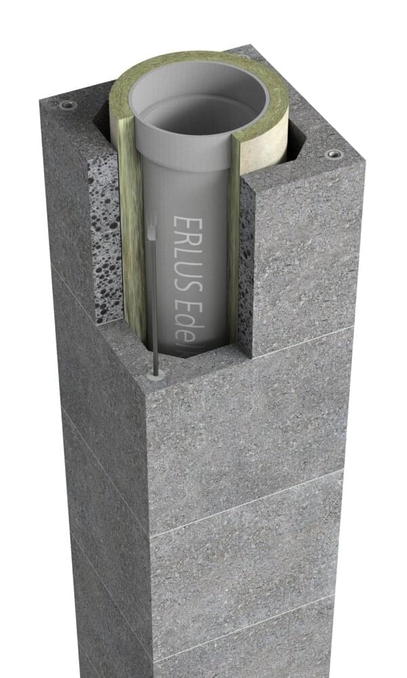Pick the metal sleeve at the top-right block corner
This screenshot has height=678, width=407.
tap(334, 154)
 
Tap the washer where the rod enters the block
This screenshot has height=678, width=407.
tap(158, 374)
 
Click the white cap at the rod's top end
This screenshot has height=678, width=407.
tap(152, 231)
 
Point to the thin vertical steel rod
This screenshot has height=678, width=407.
tap(155, 305)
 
